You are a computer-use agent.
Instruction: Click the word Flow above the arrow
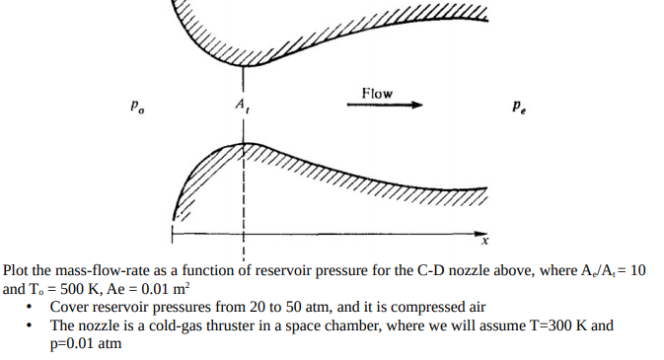click(376, 94)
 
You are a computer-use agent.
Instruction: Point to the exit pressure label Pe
click(519, 105)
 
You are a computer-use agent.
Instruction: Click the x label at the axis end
click(484, 240)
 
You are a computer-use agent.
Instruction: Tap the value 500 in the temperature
click(74, 289)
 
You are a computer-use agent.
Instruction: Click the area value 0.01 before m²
click(157, 289)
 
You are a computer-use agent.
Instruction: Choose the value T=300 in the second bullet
click(544, 324)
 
